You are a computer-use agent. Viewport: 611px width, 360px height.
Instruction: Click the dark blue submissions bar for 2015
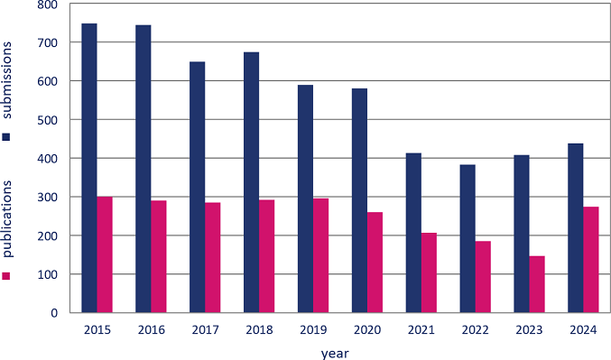click(x=89, y=168)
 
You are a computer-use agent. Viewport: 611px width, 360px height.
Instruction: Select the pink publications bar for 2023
click(x=537, y=284)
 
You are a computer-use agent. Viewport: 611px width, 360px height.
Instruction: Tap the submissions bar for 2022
click(x=468, y=238)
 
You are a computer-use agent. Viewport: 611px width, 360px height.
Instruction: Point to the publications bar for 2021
click(x=429, y=272)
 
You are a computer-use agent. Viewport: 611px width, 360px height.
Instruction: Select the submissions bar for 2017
click(x=197, y=187)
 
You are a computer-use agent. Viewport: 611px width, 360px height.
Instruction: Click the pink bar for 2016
click(x=158, y=256)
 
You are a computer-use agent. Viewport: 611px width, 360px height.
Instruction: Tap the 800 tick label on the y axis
click(x=47, y=5)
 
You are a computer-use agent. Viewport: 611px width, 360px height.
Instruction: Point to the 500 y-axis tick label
click(x=47, y=120)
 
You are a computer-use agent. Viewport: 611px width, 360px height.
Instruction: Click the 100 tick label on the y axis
click(x=47, y=274)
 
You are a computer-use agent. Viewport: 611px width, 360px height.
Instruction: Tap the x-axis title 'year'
click(x=334, y=352)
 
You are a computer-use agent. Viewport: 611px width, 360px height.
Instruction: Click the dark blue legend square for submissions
click(x=6, y=137)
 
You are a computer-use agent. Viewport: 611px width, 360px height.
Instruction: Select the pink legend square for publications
click(x=6, y=275)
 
